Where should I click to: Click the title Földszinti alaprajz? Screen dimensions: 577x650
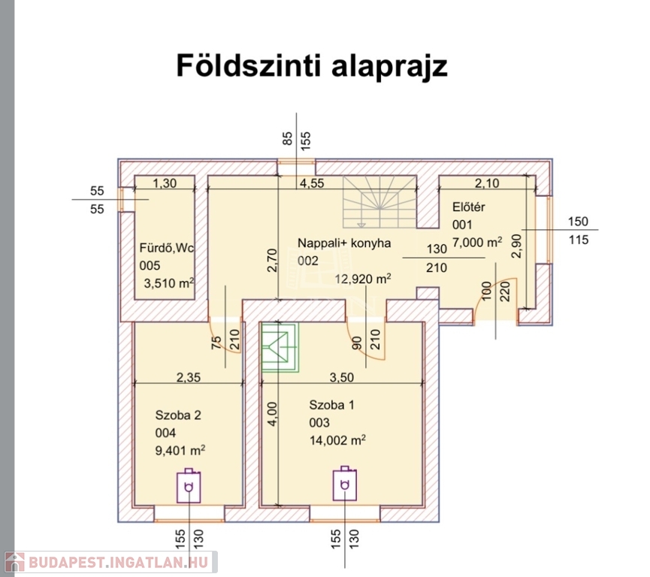[311, 66]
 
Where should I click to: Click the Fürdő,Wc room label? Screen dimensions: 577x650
[167, 249]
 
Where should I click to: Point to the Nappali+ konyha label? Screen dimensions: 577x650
[344, 243]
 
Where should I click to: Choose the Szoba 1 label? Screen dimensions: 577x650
[331, 406]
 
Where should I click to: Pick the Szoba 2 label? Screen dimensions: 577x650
[178, 415]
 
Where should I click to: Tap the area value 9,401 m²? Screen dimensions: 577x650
[180, 451]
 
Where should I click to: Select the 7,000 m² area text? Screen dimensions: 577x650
[477, 242]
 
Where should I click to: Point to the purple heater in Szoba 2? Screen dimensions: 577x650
[189, 486]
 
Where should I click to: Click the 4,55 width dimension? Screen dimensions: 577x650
[313, 183]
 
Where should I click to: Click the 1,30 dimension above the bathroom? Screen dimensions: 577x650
[165, 183]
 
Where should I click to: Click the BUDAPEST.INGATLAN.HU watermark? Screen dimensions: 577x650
[110, 562]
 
